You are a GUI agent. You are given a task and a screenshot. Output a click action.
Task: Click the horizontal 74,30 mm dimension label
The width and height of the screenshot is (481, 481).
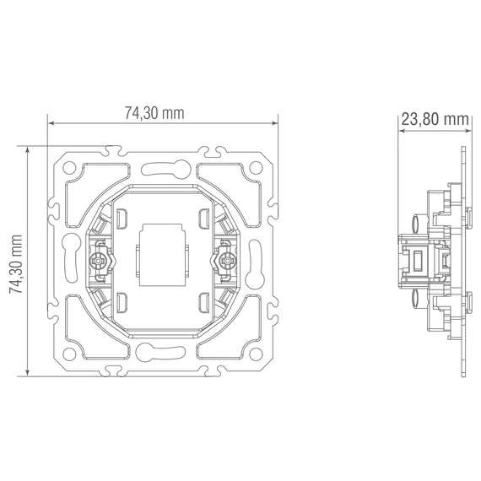(x=154, y=113)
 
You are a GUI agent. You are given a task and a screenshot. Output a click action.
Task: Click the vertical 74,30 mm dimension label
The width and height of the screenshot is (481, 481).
(x=16, y=264)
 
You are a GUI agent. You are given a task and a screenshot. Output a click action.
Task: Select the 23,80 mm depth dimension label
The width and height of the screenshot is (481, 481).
(x=435, y=119)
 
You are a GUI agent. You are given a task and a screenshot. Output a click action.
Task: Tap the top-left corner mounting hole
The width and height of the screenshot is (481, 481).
(x=69, y=168)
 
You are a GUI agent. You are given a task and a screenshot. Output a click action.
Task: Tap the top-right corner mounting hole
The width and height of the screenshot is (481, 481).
(x=256, y=168)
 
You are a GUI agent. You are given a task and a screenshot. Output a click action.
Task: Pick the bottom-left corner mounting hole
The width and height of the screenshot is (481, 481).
(x=69, y=354)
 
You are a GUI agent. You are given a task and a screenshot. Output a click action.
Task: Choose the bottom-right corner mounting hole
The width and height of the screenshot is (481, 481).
(x=256, y=354)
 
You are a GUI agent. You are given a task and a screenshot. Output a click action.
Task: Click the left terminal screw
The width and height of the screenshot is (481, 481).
(x=98, y=261)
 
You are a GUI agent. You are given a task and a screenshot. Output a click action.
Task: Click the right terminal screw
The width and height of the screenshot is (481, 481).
(x=228, y=261)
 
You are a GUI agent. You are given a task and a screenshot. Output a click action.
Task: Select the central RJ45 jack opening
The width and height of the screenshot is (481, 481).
(x=162, y=255)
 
